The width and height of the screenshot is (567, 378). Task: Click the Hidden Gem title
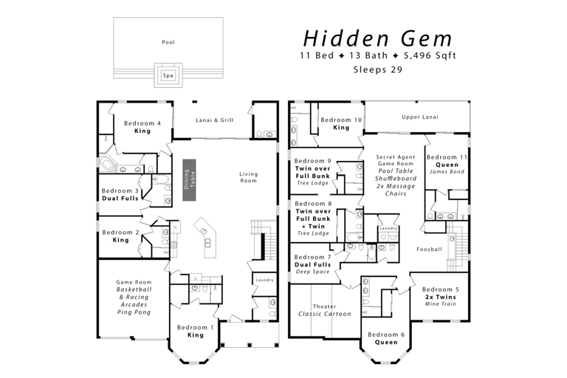377,38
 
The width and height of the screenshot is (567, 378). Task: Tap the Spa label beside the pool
168,75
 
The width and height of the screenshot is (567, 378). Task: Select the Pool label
168,42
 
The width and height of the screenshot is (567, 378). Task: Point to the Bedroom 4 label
142,123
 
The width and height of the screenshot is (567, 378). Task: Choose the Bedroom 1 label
196,327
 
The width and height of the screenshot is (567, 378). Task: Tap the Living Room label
249,177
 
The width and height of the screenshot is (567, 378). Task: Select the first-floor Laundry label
264,280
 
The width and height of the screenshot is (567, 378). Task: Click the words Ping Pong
134,312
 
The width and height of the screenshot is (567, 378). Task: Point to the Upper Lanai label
419,117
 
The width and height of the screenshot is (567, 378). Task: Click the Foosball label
429,249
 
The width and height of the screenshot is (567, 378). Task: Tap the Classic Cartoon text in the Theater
325,314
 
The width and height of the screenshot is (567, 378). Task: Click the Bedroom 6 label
386,334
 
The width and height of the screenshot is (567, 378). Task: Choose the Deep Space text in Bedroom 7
312,272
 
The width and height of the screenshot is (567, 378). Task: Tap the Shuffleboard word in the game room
396,178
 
